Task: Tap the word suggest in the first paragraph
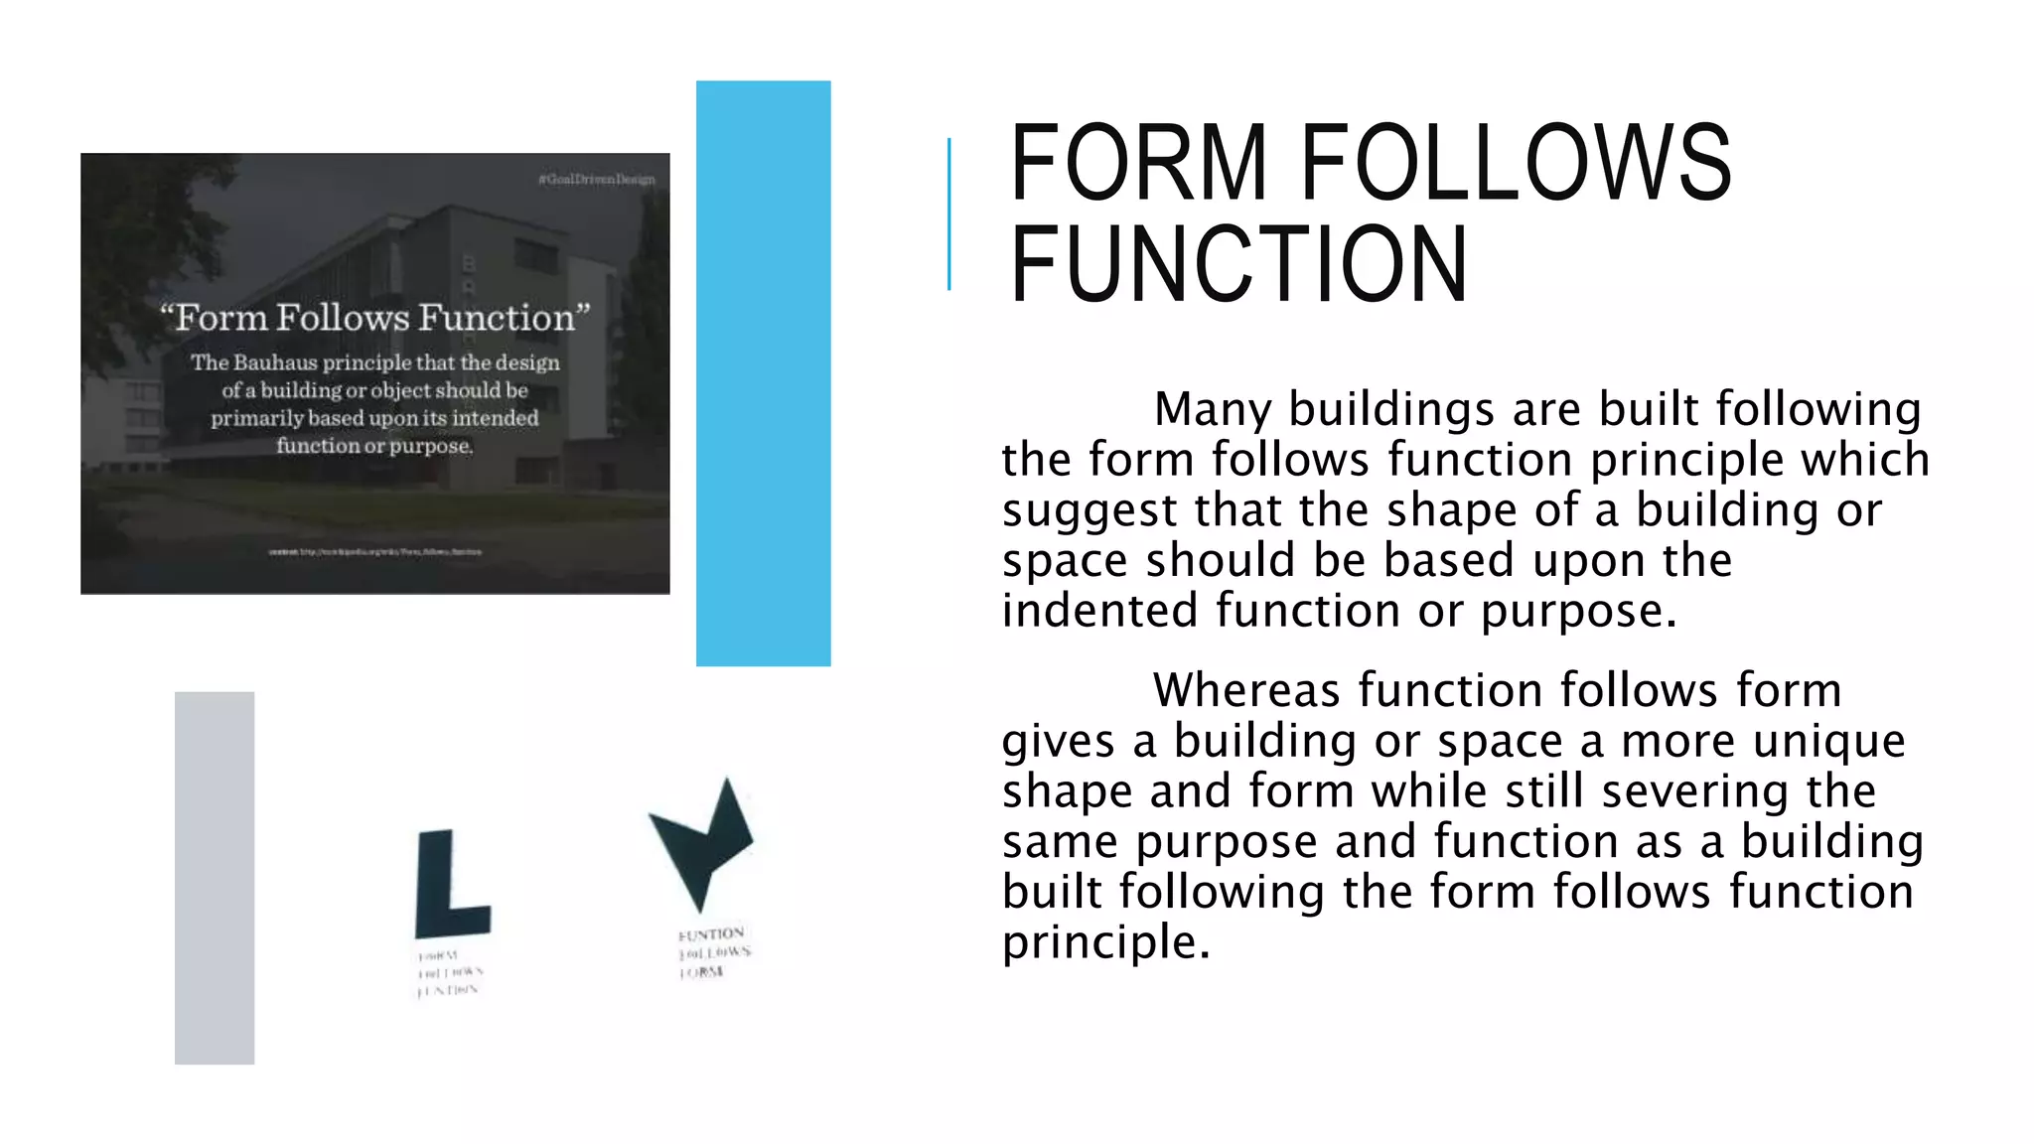click(x=1090, y=511)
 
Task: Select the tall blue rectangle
click(x=763, y=372)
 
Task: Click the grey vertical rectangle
click(x=215, y=878)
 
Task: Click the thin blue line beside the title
click(x=949, y=214)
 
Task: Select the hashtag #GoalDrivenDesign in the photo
click(x=596, y=180)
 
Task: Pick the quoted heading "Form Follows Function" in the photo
click(x=375, y=318)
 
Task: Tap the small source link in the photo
click(x=375, y=551)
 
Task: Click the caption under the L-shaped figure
click(x=449, y=973)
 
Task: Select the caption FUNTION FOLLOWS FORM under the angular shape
click(x=713, y=952)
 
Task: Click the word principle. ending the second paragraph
click(x=1105, y=942)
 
